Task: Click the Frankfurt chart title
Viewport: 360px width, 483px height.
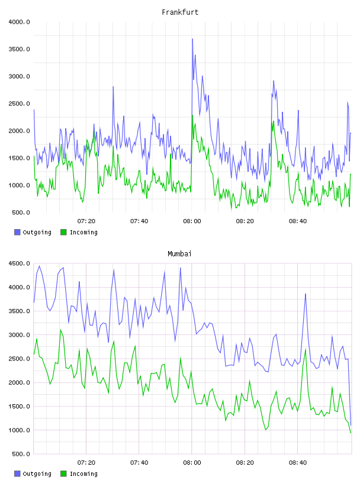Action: coord(180,12)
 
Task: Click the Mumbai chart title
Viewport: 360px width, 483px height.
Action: coord(179,254)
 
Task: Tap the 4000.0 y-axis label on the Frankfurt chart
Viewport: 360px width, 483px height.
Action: coord(19,22)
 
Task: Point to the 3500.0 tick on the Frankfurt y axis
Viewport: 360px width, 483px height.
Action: coord(19,49)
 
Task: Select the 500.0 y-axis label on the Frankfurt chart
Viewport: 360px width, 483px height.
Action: coord(21,212)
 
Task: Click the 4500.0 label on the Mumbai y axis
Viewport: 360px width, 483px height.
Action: coord(19,263)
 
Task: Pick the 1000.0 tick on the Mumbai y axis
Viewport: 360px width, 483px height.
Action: coord(19,430)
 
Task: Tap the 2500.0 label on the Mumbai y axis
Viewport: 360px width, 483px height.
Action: coord(19,359)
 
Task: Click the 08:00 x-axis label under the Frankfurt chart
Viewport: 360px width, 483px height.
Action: coord(192,221)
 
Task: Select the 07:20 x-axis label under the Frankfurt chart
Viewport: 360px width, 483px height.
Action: coord(86,221)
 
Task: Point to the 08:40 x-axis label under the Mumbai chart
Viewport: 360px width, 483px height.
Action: coord(298,463)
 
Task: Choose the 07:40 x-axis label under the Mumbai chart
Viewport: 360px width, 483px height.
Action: coord(139,463)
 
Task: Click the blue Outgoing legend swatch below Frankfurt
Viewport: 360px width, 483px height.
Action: coord(17,232)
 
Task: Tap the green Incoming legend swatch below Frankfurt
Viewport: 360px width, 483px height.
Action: coord(63,232)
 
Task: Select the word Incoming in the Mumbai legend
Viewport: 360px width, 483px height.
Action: coord(83,474)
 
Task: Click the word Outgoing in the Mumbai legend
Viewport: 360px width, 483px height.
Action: coord(37,474)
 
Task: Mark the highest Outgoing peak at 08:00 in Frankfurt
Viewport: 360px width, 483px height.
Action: coord(192,39)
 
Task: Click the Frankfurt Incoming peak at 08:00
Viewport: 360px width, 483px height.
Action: coord(192,115)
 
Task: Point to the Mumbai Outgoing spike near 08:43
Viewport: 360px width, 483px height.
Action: coord(306,294)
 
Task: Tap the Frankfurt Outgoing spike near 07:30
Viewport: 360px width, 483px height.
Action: coord(113,87)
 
